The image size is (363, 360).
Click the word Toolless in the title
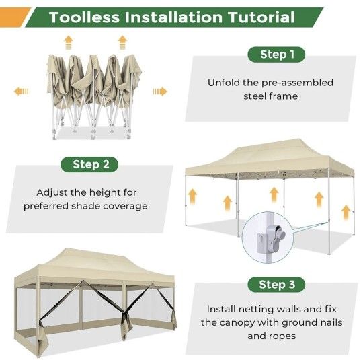tap(84, 17)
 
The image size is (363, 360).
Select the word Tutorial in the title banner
tap(261, 17)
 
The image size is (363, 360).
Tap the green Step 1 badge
tap(276, 55)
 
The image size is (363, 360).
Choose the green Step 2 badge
tap(89, 164)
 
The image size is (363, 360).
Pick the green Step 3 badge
tap(276, 285)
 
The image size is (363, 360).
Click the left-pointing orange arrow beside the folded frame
tap(21, 92)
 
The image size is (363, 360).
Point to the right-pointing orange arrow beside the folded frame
tap(160, 92)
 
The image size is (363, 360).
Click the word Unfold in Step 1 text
tap(224, 83)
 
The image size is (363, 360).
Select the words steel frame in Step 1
tap(271, 96)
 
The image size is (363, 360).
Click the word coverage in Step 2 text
tap(125, 206)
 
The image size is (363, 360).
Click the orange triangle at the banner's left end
tap(14, 17)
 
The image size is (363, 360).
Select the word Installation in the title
tap(173, 17)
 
